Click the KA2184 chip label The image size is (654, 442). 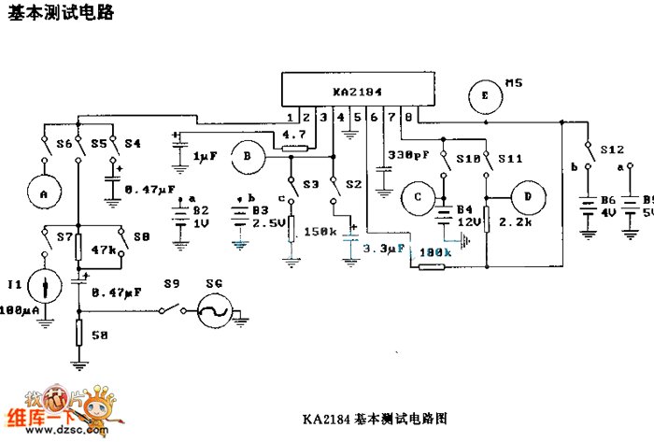tap(357, 93)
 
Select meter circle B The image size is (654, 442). tap(248, 158)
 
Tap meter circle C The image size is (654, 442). tap(419, 196)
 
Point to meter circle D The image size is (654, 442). tap(528, 197)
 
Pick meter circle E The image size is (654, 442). tap(484, 95)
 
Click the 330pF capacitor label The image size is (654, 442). tap(406, 154)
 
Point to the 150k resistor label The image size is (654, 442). tap(321, 230)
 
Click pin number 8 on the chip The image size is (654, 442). tap(408, 117)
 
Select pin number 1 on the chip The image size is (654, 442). tap(292, 117)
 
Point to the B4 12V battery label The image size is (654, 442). tap(468, 214)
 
